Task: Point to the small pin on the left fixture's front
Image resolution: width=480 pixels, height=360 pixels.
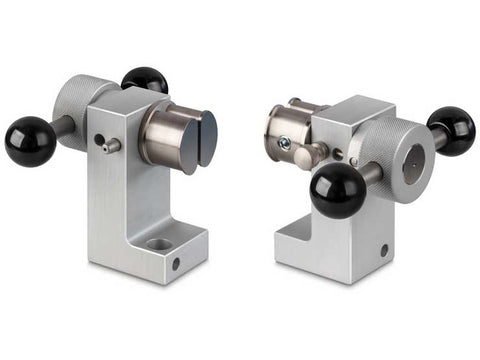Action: (111, 146)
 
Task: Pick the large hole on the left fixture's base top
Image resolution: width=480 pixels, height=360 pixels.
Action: (159, 243)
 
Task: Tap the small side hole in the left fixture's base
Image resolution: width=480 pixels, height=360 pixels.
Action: (176, 265)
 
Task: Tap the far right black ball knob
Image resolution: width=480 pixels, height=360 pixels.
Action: (451, 130)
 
